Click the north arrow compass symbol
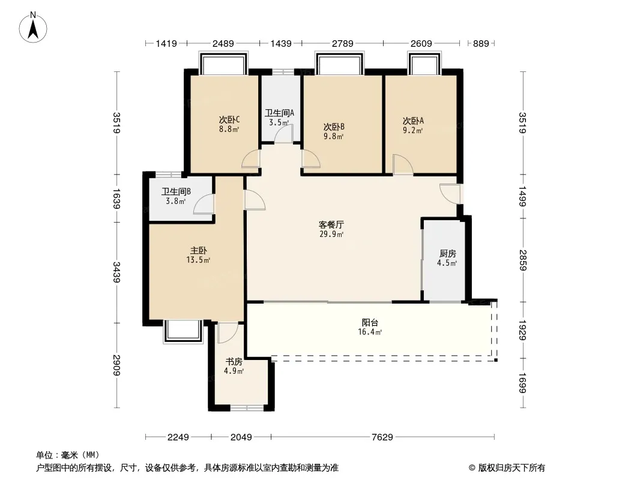[x=33, y=28]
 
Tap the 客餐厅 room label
[x=331, y=225]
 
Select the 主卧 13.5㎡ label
[x=198, y=255]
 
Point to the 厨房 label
[x=447, y=254]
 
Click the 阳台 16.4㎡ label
[x=370, y=327]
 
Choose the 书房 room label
[x=234, y=362]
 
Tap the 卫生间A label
[x=279, y=113]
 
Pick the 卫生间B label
[x=176, y=191]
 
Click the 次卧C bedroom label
[x=229, y=120]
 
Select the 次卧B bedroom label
[x=334, y=127]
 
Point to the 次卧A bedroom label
[x=413, y=121]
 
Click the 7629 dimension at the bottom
[x=382, y=437]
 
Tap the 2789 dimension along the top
[x=342, y=43]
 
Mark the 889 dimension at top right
[x=481, y=43]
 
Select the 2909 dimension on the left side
[x=116, y=365]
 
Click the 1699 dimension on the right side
[x=522, y=383]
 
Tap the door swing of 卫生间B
[x=204, y=204]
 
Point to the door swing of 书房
[x=228, y=333]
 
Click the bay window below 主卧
[x=183, y=331]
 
